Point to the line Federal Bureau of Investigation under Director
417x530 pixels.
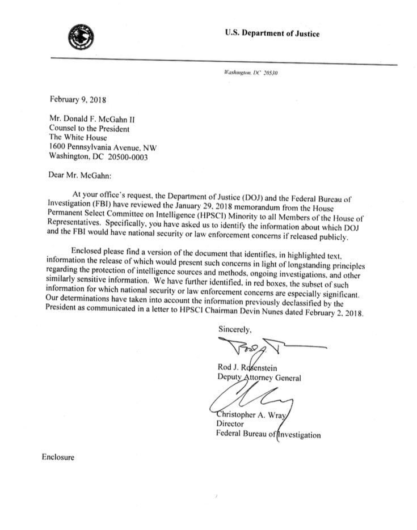[268, 435]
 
